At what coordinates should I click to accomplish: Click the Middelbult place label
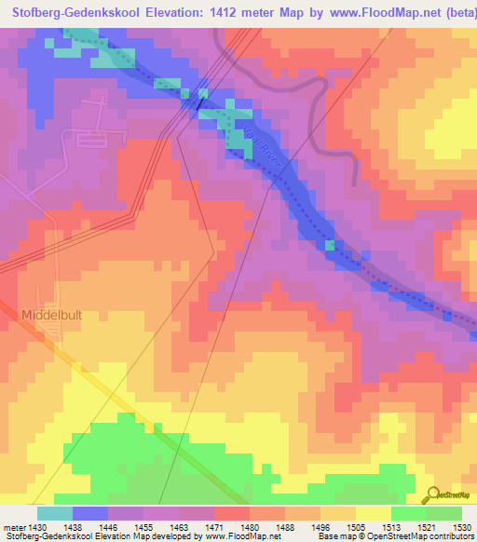point(52,316)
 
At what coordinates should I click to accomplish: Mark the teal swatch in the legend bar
point(54,513)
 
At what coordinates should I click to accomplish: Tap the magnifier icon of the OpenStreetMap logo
point(431,494)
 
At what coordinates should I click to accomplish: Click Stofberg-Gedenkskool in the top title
point(66,12)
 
